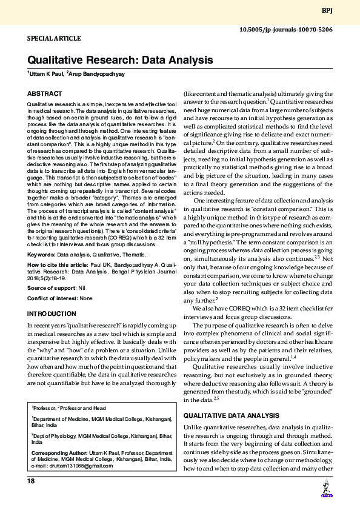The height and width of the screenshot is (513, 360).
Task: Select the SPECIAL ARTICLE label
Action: (x=54, y=38)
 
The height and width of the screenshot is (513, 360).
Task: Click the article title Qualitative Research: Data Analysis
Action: (x=119, y=61)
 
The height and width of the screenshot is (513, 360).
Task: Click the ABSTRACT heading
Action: (x=44, y=94)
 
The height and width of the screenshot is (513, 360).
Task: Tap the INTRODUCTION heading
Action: (x=52, y=313)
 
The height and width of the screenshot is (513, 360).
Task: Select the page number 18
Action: (x=32, y=481)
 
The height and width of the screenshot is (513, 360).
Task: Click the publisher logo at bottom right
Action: (x=326, y=488)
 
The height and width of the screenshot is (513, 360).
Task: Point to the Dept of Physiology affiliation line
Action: (x=91, y=435)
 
